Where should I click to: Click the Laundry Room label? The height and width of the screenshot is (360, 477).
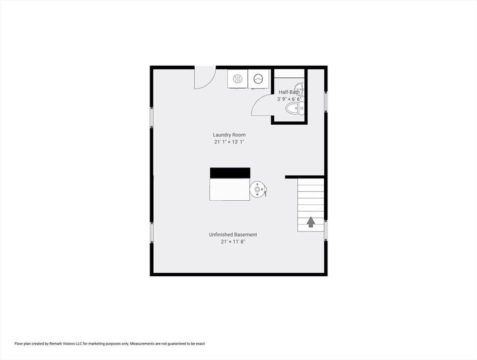(229, 135)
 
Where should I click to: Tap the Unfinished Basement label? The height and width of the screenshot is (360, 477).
(233, 234)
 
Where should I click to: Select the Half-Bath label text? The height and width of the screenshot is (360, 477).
(289, 92)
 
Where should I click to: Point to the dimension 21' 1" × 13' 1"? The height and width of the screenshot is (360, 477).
(229, 142)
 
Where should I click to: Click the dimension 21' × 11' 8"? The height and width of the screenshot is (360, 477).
(233, 242)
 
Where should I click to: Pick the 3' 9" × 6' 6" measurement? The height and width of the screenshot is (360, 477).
(289, 99)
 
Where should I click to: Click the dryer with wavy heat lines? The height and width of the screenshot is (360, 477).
(238, 79)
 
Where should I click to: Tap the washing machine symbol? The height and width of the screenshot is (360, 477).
(258, 79)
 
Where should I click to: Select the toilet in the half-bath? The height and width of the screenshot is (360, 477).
(294, 109)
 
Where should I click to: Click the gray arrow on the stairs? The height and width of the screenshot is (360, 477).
(311, 222)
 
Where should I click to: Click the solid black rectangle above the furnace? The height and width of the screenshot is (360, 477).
(230, 173)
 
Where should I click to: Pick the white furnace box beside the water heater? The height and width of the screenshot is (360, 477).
(230, 189)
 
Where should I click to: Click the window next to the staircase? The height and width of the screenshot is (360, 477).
(326, 230)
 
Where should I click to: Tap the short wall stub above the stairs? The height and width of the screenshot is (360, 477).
(304, 177)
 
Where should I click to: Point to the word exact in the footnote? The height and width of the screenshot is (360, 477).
(200, 344)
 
